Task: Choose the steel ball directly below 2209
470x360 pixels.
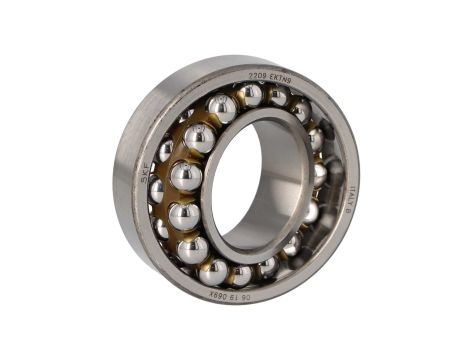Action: click(x=250, y=96)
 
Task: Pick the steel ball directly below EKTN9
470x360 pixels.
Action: click(x=278, y=97)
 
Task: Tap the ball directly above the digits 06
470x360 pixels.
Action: click(x=241, y=271)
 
